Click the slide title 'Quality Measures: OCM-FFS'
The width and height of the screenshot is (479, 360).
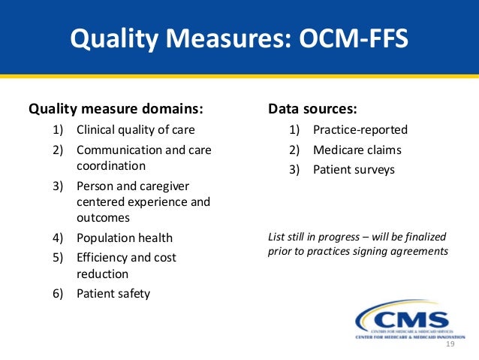click(x=239, y=38)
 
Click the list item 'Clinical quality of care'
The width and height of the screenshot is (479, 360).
click(x=135, y=129)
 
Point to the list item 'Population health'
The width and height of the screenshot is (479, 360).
click(x=124, y=237)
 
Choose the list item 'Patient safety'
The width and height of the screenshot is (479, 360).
click(x=113, y=293)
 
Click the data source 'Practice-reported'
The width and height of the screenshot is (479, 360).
click(x=360, y=129)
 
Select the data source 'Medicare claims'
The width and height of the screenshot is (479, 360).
click(x=357, y=150)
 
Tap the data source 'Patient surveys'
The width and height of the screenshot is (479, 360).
click(x=354, y=169)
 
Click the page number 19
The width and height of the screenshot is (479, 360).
click(x=450, y=344)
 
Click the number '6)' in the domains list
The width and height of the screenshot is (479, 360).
click(x=57, y=293)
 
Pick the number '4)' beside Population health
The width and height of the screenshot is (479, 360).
click(x=57, y=237)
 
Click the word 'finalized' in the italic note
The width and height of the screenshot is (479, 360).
click(x=424, y=237)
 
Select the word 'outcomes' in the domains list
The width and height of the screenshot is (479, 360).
click(x=103, y=218)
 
